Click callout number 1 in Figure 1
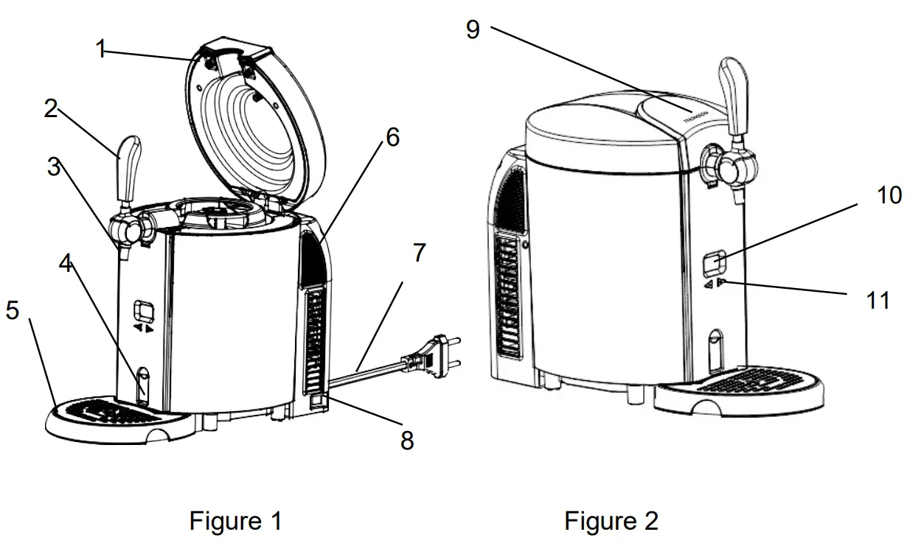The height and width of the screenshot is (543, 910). pos(101,49)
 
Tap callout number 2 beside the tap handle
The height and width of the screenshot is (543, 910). pos(51,109)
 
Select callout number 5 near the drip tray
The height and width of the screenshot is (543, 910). pos(12,310)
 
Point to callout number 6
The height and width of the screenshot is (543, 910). pos(392,137)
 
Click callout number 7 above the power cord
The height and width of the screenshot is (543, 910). pos(419,253)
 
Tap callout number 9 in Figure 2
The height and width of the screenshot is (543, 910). pos(473,29)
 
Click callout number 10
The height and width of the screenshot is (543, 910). pos(889,195)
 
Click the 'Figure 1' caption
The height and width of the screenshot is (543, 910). pos(235,521)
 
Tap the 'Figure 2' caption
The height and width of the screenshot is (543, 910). pos(611,521)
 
